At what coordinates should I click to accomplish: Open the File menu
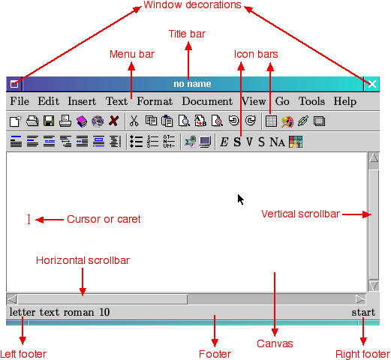coord(20,101)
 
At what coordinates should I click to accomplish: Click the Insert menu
coord(82,101)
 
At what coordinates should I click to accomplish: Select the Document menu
coord(207,101)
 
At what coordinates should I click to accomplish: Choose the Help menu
coord(345,102)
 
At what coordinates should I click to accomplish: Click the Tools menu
coord(311,101)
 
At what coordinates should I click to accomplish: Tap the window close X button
coord(372,84)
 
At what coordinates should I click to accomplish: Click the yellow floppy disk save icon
coord(49,121)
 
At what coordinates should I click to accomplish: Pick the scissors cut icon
coord(134,121)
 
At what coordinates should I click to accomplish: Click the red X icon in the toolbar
coord(114,121)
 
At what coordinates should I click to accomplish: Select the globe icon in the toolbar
coord(98,121)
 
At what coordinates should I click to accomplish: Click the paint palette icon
coord(287,121)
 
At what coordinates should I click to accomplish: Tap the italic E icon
coord(224,142)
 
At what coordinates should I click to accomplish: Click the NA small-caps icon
coord(277,142)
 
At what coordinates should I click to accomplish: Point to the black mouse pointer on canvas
coord(240,199)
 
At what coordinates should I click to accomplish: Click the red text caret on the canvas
coord(29,219)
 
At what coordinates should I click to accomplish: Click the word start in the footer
coord(363,312)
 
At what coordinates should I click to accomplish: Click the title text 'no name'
coord(192,84)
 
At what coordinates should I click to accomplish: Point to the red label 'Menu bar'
coord(132,54)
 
